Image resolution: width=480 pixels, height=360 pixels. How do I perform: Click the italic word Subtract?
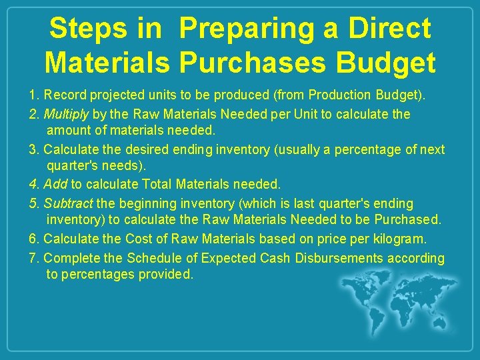(x=69, y=203)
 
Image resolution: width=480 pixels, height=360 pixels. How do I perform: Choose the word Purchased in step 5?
(x=407, y=219)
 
